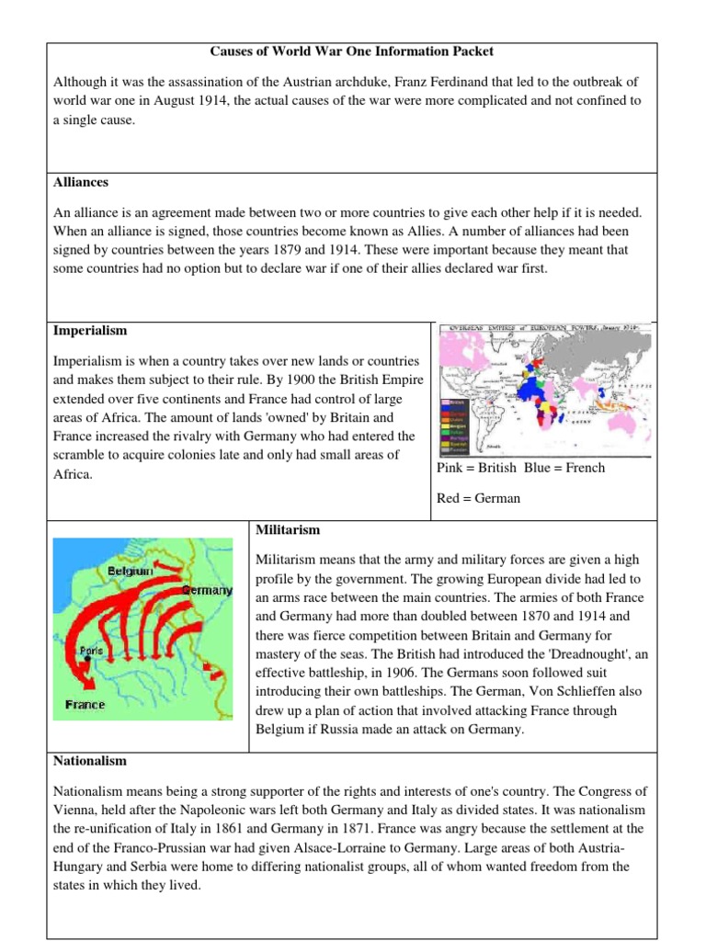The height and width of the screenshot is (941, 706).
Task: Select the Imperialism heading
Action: [90, 331]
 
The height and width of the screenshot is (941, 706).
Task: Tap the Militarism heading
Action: [288, 530]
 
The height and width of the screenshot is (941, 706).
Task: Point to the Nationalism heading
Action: [90, 762]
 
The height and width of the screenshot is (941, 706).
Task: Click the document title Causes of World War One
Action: [352, 51]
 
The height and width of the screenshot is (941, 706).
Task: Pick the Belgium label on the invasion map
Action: [130, 571]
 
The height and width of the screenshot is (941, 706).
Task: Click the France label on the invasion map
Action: [85, 705]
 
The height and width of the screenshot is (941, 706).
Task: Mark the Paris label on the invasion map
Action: [91, 650]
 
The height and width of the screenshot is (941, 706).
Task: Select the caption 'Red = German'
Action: [479, 498]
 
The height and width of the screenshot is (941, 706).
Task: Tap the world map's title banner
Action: [544, 328]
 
